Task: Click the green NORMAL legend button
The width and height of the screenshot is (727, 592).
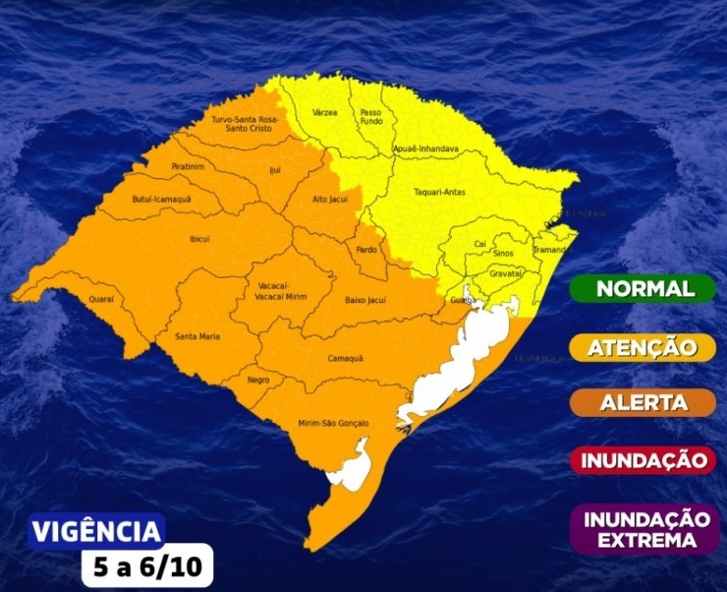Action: (x=644, y=289)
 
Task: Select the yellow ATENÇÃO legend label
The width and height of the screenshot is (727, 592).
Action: (x=644, y=347)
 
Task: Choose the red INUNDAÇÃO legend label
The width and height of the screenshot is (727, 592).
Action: (x=644, y=459)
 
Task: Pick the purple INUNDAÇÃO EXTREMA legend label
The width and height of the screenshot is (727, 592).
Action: (x=644, y=529)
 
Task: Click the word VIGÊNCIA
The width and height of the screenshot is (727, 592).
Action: (x=96, y=532)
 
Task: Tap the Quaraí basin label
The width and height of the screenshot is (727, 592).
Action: (x=101, y=299)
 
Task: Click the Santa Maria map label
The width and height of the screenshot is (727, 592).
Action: (x=196, y=337)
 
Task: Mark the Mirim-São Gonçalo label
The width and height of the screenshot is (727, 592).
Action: (x=333, y=424)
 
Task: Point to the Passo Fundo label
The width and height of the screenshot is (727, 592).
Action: (x=370, y=117)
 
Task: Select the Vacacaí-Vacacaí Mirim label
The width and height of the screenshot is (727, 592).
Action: (x=281, y=291)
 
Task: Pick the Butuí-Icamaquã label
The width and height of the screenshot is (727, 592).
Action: (x=161, y=200)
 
